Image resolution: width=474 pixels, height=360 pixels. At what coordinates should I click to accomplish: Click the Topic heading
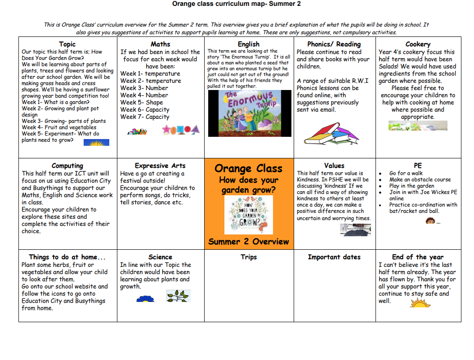tap(67, 44)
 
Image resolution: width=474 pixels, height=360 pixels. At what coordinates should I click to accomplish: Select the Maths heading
tap(161, 44)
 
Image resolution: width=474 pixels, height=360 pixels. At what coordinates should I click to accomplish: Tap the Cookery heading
tap(418, 44)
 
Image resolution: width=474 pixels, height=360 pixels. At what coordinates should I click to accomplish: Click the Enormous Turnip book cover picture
tap(250, 113)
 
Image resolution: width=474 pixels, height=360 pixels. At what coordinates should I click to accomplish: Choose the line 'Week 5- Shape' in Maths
tap(142, 102)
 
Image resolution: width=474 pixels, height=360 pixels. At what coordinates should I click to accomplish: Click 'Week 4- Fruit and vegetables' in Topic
tap(59, 127)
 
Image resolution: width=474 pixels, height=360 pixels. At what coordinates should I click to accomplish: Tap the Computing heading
tap(67, 166)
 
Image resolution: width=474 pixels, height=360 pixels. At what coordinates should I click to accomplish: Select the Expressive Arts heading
tap(160, 166)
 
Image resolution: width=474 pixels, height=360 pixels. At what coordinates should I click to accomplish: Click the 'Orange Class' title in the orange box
tap(248, 168)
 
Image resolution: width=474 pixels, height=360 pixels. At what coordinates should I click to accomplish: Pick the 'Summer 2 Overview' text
tap(248, 242)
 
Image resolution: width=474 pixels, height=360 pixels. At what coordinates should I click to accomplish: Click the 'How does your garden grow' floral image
tap(248, 215)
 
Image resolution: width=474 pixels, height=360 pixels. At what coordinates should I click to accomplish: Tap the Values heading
tap(334, 166)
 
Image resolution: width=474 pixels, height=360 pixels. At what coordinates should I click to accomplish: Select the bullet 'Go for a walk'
tap(406, 173)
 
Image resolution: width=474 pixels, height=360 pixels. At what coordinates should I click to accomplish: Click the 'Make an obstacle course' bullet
tap(420, 180)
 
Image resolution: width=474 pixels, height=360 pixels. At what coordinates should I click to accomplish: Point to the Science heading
tap(160, 257)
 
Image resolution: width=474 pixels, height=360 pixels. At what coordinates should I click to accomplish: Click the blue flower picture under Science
tap(145, 298)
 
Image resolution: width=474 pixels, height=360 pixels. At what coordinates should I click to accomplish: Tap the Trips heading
tap(249, 257)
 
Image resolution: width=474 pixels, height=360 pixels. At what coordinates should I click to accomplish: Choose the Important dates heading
tap(334, 257)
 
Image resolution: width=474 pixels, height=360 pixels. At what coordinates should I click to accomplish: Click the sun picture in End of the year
tap(420, 302)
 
